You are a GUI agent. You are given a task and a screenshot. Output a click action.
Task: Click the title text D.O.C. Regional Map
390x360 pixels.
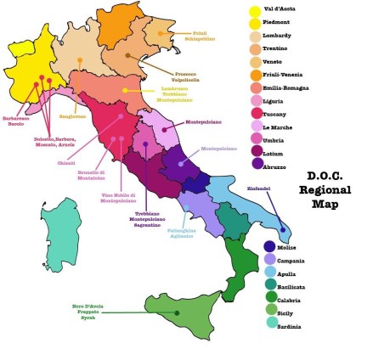coord(324,189)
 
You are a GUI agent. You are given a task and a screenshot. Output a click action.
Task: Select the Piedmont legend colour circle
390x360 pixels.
coord(255,24)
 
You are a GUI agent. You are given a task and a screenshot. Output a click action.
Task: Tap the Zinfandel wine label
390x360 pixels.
coord(258,187)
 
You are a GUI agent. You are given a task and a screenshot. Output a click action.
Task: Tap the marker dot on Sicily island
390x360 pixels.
coord(177,313)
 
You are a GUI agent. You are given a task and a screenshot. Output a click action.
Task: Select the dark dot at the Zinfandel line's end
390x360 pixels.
coord(283,229)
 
